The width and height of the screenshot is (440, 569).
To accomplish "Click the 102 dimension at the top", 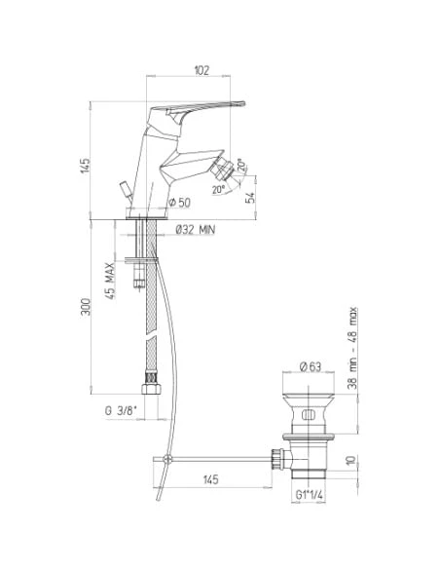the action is click(202, 70).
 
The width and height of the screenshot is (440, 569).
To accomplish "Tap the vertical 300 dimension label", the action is click(86, 307).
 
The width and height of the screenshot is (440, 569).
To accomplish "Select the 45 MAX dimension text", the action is click(111, 281).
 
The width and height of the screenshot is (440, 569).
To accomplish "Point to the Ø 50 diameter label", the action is click(179, 203).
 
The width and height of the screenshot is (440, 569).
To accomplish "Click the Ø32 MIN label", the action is click(196, 230).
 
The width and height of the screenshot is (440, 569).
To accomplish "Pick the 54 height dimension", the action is click(250, 198).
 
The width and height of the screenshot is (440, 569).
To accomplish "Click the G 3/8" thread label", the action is click(121, 411).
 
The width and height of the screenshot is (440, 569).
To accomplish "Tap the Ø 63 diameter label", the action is click(311, 366).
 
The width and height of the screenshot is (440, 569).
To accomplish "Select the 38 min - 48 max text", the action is click(352, 349).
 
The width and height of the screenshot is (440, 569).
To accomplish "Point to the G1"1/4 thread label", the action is click(310, 495).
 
